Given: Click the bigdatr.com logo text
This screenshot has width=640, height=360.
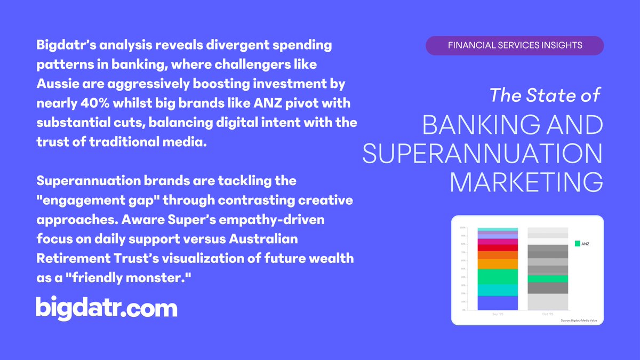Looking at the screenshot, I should [106, 308].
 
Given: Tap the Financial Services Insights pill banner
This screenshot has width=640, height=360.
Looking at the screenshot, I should [515, 45].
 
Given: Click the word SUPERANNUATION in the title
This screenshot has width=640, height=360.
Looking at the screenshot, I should [482, 154].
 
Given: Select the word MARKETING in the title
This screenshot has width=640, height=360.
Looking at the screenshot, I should [527, 182].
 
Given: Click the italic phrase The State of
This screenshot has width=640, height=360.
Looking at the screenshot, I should [545, 96].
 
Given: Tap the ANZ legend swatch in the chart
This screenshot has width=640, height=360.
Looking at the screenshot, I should [577, 244].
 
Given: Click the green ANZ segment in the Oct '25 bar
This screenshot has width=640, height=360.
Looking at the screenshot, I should [548, 278].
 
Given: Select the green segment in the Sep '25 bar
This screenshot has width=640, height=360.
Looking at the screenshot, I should [498, 276].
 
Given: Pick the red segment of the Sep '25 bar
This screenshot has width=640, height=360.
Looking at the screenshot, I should [498, 247].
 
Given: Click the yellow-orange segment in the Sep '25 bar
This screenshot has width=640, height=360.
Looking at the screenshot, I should [498, 264].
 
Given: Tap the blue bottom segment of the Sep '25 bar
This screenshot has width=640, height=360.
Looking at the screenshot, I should [498, 302].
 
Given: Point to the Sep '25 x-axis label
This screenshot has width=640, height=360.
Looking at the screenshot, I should [498, 314].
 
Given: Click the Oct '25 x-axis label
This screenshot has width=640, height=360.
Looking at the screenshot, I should [548, 314].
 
